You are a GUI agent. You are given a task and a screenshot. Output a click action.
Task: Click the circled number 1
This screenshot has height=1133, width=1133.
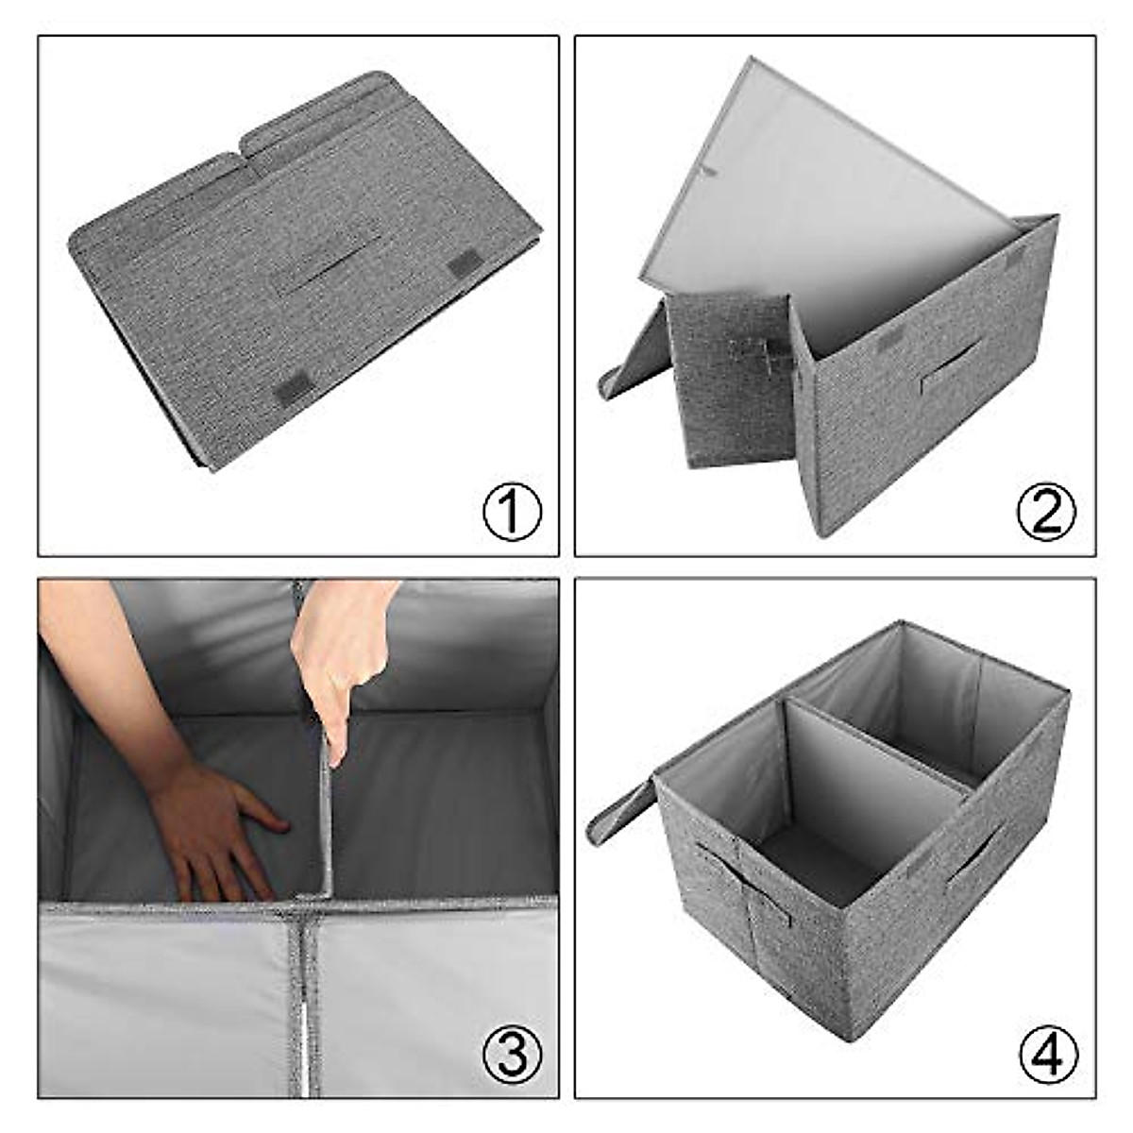(512, 512)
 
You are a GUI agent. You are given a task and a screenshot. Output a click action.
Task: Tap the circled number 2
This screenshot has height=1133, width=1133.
(1046, 512)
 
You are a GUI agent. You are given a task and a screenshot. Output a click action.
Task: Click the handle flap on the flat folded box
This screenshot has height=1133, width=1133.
(326, 256)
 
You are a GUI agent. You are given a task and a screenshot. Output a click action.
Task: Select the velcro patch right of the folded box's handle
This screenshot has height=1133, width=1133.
(463, 263)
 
